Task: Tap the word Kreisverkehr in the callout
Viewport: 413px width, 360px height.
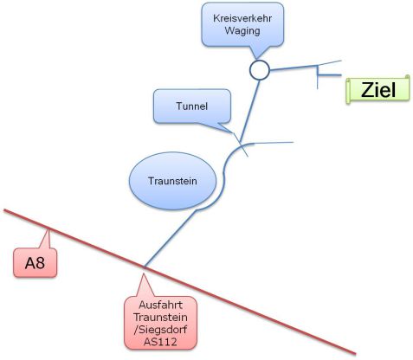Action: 242,18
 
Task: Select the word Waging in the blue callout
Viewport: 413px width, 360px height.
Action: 242,30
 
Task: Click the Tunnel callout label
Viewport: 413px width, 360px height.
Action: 192,106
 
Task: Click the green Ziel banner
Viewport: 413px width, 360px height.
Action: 378,89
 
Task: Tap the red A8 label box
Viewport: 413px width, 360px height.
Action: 35,263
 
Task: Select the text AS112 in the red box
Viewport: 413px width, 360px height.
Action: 160,342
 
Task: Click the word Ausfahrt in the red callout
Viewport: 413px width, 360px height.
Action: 161,305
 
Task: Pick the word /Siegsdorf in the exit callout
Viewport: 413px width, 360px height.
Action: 160,330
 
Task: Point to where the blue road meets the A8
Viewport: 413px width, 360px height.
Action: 145,267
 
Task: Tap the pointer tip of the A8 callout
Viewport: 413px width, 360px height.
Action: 48,229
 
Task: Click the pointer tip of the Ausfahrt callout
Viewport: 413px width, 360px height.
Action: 143,273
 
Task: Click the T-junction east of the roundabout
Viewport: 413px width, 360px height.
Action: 318,75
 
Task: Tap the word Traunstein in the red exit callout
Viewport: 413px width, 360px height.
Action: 160,318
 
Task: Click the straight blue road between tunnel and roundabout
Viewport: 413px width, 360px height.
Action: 250,111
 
